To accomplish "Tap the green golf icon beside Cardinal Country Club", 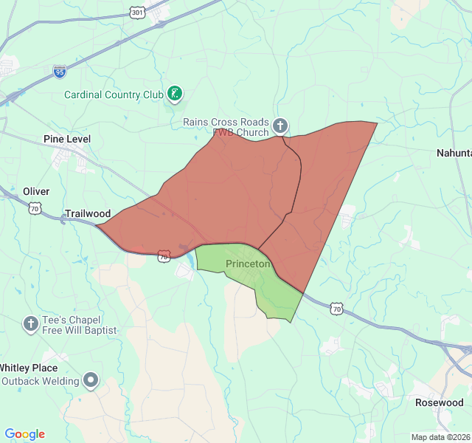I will pos(175,94).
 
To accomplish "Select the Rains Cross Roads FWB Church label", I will pos(226,127).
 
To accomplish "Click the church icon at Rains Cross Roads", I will pos(280,126).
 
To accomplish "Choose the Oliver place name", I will pos(36,191).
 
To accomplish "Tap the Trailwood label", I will pos(88,213).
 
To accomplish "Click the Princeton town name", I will pos(249,264).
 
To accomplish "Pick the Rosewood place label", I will pos(440,402).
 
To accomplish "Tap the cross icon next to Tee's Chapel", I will pos(31,323).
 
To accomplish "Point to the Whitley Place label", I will pos(29,368).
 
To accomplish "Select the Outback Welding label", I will pos(41,381).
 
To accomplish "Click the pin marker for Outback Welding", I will pos(91,380).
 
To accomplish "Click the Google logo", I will pos(24,434).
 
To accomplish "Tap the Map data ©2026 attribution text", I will pos(440,437).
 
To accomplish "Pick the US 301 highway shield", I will pos(137,13).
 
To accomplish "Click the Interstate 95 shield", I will pos(60,71).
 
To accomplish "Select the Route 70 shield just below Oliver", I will pos(35,209).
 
